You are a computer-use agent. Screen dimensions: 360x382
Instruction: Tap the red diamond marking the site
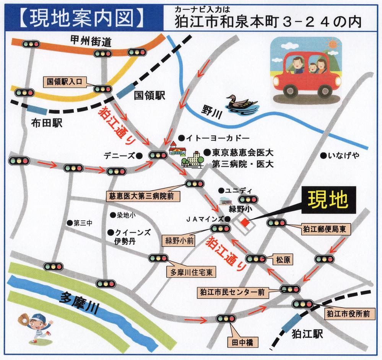tap(245, 222)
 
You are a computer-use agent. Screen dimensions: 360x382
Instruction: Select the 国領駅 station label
tap(149, 96)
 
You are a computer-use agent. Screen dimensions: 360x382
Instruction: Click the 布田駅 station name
tap(47, 123)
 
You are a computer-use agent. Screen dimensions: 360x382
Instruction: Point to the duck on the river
tap(241, 103)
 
